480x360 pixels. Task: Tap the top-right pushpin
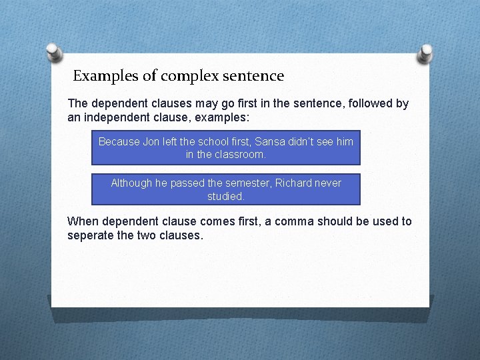click(425, 51)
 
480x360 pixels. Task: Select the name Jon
click(152, 141)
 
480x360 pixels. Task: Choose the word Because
click(119, 141)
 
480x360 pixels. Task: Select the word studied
click(226, 196)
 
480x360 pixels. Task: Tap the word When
click(82, 221)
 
